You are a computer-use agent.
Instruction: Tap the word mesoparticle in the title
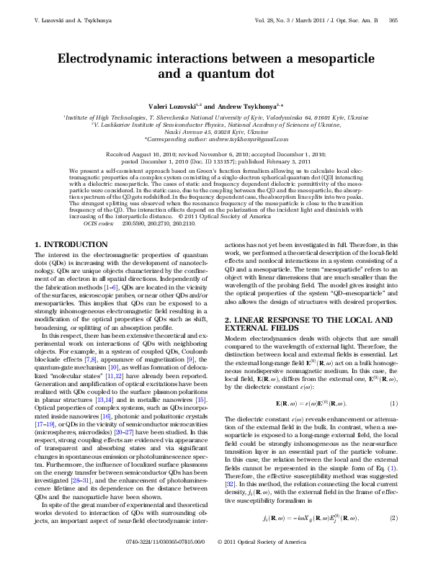pyautogui.click(x=333, y=58)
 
